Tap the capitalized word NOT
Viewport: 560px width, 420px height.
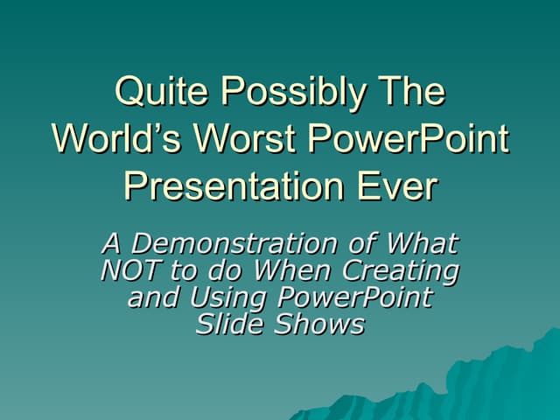[x=132, y=270]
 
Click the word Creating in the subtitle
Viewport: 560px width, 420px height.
[x=403, y=270]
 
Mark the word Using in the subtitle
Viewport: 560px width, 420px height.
[x=230, y=297]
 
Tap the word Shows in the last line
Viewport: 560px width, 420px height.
[x=320, y=325]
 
